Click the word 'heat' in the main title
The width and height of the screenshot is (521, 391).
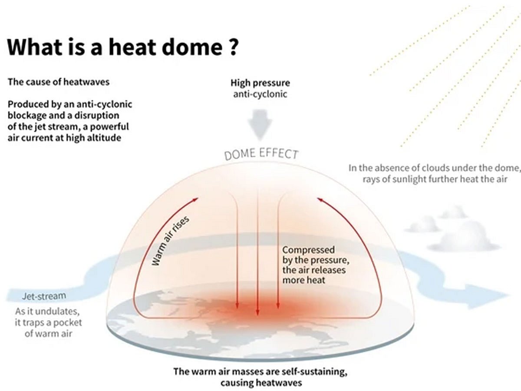[132, 47]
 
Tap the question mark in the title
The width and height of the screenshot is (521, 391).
[232, 47]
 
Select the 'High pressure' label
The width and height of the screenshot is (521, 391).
[260, 83]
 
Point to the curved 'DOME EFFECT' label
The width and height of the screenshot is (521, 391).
[261, 154]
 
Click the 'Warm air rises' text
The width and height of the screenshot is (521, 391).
[171, 241]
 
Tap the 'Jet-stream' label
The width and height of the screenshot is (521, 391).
[44, 296]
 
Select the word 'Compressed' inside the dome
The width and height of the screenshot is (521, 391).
[309, 250]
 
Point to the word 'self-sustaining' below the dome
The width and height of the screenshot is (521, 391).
[314, 371]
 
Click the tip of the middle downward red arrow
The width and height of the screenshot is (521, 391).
[257, 315]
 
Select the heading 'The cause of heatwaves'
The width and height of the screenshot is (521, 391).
[59, 82]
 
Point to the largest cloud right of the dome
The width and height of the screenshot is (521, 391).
[463, 237]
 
